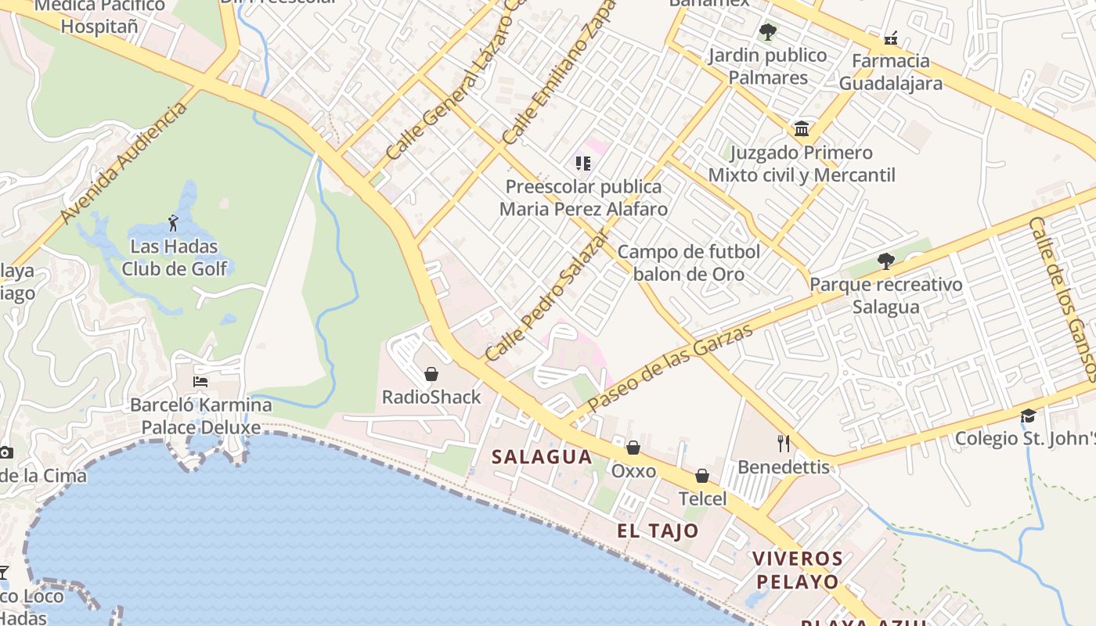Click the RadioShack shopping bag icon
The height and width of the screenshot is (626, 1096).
pos(431,374)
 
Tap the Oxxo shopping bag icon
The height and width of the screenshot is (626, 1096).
pos(633,448)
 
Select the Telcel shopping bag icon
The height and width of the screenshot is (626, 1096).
pos(702,476)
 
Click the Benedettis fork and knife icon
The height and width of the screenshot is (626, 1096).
pos(784,444)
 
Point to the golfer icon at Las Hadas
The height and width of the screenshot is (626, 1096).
pos(173,223)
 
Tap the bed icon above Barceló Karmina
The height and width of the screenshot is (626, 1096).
pos(200,382)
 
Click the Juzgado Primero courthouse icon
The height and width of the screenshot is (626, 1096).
pos(802,129)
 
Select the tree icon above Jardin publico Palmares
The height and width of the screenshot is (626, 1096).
pos(767,32)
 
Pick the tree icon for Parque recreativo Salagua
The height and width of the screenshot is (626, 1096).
pos(885,261)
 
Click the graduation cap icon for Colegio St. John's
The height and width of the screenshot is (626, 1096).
pos(1028,416)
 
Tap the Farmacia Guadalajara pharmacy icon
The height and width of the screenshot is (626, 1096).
pos(890,38)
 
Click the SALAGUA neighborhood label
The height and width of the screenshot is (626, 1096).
pos(542,457)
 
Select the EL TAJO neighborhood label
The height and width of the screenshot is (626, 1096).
pos(658,531)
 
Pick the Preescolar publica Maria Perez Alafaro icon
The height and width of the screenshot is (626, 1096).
pos(582,163)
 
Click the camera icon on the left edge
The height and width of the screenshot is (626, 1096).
pos(5,452)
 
